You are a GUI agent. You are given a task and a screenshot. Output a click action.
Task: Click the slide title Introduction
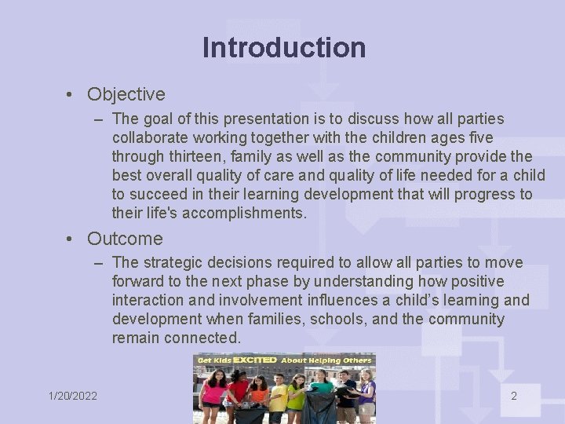click(x=283, y=48)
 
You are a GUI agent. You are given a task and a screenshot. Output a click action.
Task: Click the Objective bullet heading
click(x=126, y=94)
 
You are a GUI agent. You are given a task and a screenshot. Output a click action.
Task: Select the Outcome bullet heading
click(x=125, y=239)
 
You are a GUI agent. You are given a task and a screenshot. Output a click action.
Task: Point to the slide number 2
click(x=514, y=396)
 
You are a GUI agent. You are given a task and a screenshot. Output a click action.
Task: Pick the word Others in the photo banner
click(x=356, y=360)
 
